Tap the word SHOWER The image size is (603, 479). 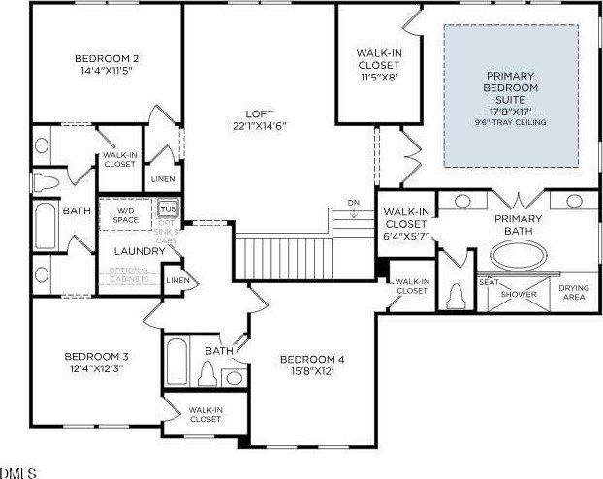[x=519, y=294]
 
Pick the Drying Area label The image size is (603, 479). [x=575, y=292]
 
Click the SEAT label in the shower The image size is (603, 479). [x=489, y=282]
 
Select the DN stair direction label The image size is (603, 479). [x=355, y=203]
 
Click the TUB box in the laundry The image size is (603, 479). [x=169, y=209]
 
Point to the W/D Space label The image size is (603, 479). [x=126, y=213]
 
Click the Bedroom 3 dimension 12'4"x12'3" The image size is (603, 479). [x=97, y=369]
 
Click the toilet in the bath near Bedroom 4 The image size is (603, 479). [x=206, y=373]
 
